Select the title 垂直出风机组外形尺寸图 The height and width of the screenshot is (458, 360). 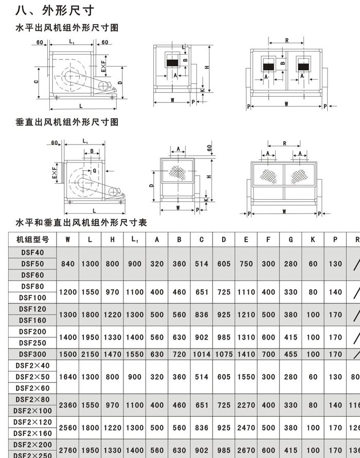click(x=67, y=122)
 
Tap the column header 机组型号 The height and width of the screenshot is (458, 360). click(x=33, y=239)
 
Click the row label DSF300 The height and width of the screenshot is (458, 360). click(x=33, y=354)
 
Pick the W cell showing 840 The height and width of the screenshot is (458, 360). click(x=68, y=263)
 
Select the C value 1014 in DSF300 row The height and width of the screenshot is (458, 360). click(x=202, y=354)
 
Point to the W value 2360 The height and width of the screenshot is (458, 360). click(x=68, y=405)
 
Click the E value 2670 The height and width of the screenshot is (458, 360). click(x=246, y=451)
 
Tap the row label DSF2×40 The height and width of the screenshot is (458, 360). click(x=33, y=365)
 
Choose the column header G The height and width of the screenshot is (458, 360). click(x=291, y=239)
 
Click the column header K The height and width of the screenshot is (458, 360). click(x=313, y=239)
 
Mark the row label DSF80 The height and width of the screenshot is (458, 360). click(x=33, y=286)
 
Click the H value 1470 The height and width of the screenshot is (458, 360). click(x=112, y=354)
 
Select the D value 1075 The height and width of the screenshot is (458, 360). click(x=224, y=354)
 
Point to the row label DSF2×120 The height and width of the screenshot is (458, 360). click(x=33, y=422)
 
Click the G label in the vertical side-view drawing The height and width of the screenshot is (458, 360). click(x=95, y=170)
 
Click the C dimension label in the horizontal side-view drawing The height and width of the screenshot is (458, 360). click(x=37, y=81)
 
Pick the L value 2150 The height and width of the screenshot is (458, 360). click(x=90, y=354)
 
